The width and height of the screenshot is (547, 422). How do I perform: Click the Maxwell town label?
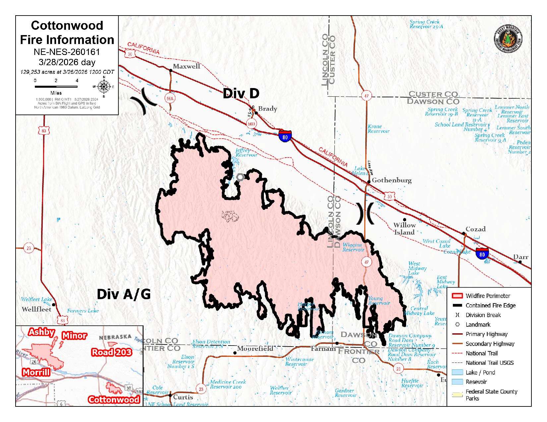pyautogui.click(x=186, y=66)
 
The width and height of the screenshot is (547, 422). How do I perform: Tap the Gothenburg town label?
pyautogui.click(x=392, y=180)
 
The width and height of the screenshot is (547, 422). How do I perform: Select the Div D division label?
pyautogui.click(x=241, y=94)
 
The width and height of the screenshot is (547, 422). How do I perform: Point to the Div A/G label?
pyautogui.click(x=123, y=294)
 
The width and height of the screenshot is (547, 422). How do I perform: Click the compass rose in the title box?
pyautogui.click(x=104, y=87)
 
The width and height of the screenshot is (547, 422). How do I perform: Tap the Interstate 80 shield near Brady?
pyautogui.click(x=285, y=136)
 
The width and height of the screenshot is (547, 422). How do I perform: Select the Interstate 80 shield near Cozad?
pyautogui.click(x=482, y=254)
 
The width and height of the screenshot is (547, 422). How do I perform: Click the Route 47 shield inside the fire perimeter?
pyautogui.click(x=366, y=262)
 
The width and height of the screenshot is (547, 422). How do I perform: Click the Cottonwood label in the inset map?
pyautogui.click(x=114, y=399)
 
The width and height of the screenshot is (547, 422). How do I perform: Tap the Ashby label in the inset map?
pyautogui.click(x=41, y=332)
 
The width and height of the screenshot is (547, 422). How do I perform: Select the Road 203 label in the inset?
pyautogui.click(x=111, y=352)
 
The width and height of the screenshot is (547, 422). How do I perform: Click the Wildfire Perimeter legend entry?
pyautogui.click(x=488, y=296)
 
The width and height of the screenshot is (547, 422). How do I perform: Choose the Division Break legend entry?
pyautogui.click(x=483, y=315)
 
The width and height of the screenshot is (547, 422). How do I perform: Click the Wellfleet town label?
pyautogui.click(x=36, y=309)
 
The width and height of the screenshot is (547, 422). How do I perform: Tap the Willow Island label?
pyautogui.click(x=404, y=229)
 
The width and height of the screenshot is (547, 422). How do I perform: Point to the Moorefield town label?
pyautogui.click(x=255, y=349)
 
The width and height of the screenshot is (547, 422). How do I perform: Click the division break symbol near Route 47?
pyautogui.click(x=365, y=213)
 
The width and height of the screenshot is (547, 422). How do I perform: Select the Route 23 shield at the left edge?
pyautogui.click(x=29, y=248)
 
